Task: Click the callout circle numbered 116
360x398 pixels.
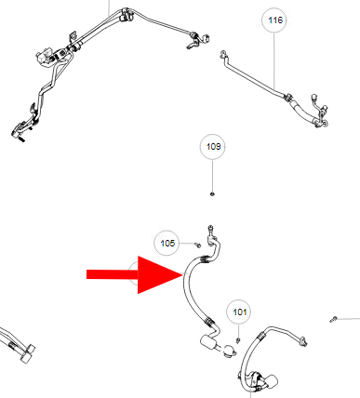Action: pos(274,20)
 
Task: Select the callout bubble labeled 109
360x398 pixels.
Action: pos(213,147)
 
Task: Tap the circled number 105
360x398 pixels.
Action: pos(167,243)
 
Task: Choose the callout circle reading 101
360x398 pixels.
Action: pos(239,312)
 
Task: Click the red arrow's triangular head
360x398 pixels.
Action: pos(158,274)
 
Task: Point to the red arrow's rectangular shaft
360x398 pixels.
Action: pos(113,274)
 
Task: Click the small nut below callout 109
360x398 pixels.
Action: pos(212,194)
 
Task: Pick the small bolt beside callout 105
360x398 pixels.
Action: pos(198,245)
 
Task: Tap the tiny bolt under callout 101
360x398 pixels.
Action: pos(238,340)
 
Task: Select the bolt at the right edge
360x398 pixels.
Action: pos(333,319)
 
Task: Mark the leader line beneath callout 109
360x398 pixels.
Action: pos(213,176)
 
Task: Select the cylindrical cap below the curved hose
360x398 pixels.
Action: pos(207,343)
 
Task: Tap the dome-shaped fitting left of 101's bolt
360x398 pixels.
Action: pos(230,351)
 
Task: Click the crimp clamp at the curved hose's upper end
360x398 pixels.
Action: pos(204,259)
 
